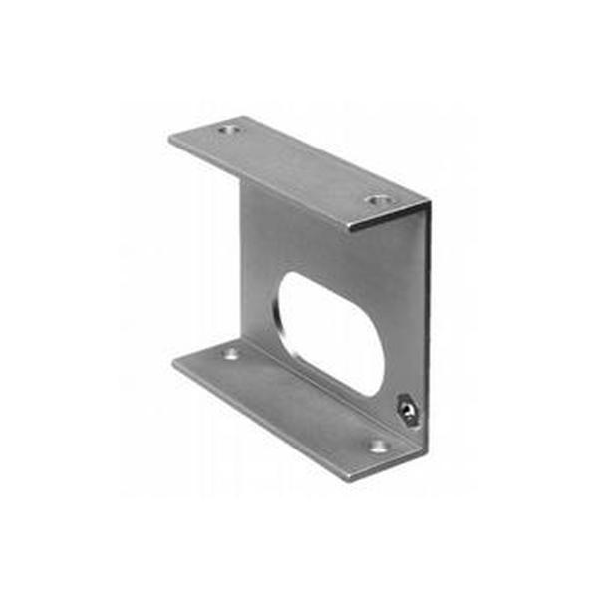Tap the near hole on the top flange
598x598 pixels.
point(376,200)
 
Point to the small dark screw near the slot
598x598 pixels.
point(405,409)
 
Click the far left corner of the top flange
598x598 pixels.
point(170,137)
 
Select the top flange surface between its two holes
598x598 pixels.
point(299,164)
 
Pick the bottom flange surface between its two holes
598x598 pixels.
point(299,399)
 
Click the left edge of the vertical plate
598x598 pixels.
point(244,269)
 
